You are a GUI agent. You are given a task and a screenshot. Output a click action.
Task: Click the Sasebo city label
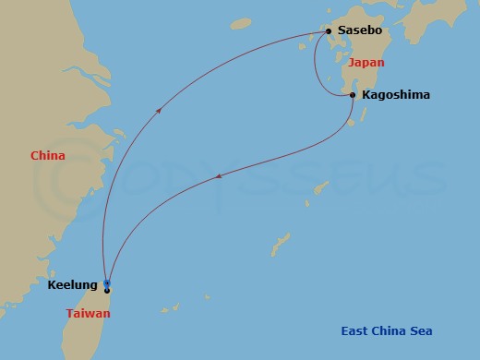click(x=360, y=31)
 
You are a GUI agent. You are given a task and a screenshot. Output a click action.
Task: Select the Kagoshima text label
click(x=396, y=95)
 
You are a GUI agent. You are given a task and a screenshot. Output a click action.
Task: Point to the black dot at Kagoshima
click(x=353, y=95)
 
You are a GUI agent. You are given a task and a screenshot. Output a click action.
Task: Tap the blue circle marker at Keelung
click(x=108, y=282)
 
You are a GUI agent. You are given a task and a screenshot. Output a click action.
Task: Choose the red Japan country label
click(x=366, y=63)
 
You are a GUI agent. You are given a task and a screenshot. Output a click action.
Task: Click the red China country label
click(x=47, y=156)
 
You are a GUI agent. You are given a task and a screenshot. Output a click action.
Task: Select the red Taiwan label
click(x=89, y=314)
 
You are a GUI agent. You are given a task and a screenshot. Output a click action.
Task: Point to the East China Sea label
click(x=387, y=331)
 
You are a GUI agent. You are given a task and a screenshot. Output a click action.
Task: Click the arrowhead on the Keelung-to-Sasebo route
click(x=160, y=109)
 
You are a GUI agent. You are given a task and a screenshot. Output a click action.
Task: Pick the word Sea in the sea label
click(x=422, y=331)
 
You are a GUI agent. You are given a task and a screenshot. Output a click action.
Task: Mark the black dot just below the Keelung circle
click(x=108, y=291)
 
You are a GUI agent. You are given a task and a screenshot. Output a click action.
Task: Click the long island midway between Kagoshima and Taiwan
click(x=281, y=245)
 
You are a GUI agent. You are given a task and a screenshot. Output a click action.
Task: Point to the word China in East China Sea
click(x=390, y=331)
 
